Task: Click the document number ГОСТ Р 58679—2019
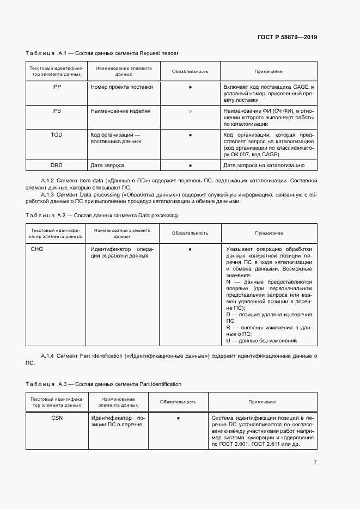pos(287,38)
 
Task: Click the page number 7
pos(315,463)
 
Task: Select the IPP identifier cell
pos(57,87)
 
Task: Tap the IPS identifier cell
pos(57,111)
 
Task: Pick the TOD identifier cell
pos(57,134)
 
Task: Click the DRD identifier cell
pos(57,165)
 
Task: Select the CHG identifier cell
pos(37,249)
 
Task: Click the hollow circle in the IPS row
pos(190,111)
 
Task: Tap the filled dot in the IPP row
pos(190,87)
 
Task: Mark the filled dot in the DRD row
pos(190,165)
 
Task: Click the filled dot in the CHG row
pos(190,249)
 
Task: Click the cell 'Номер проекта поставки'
pos(121,87)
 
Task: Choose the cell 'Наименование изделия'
pos(120,111)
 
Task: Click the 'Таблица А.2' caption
pos(101,216)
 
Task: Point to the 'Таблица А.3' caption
pos(103,384)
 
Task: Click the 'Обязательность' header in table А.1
pos(190,71)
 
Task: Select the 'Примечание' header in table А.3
pos(263,402)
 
